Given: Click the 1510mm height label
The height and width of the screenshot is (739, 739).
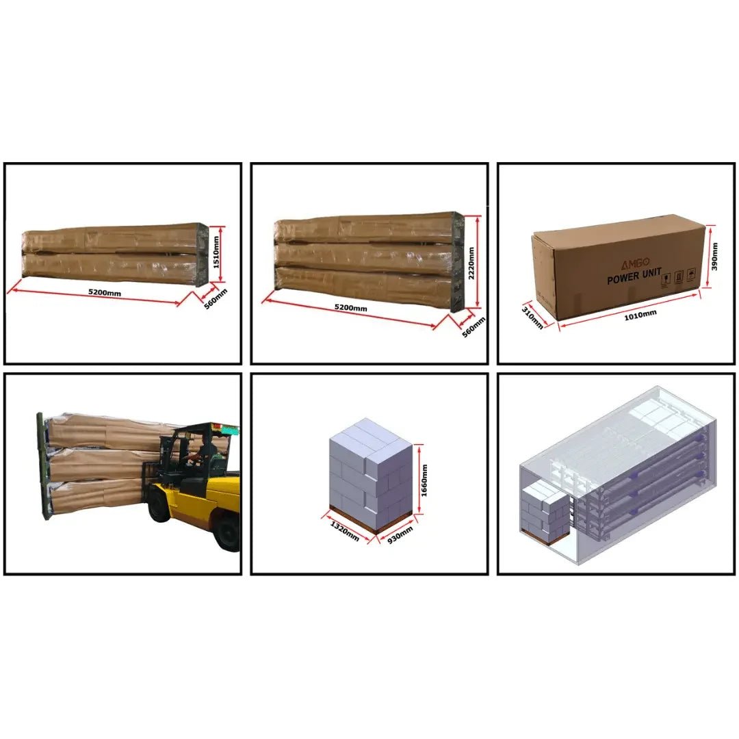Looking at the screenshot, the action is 216,252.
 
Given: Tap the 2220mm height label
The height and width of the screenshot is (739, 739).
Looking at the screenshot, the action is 471,263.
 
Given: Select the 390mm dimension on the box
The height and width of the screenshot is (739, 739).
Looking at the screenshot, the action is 714,257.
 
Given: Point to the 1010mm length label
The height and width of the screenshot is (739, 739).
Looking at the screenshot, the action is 640,315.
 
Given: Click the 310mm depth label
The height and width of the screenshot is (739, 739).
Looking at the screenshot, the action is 532,317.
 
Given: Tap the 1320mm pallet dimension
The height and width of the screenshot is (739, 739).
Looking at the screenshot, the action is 344,531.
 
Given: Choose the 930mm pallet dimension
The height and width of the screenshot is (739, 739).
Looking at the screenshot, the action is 400,535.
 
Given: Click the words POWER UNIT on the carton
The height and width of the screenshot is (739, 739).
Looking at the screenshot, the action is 634,276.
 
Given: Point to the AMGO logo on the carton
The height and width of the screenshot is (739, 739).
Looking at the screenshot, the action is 634,263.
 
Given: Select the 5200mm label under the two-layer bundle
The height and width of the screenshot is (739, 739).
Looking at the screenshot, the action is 105,293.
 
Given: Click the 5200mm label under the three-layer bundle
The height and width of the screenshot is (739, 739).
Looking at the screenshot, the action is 350,308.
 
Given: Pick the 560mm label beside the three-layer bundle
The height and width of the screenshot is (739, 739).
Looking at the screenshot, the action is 474,327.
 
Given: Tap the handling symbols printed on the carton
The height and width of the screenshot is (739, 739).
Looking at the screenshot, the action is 679,278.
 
